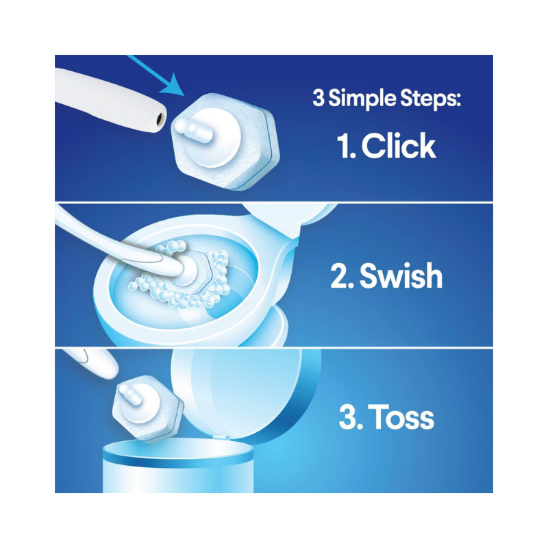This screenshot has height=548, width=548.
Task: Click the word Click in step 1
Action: (x=399, y=146)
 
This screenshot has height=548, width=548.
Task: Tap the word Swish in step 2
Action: (x=401, y=276)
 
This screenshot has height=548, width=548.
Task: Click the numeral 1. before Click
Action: (x=347, y=146)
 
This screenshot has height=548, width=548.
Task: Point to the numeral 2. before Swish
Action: (x=342, y=276)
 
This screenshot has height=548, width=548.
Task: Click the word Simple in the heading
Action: (x=362, y=99)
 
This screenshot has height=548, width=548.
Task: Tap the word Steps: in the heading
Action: (x=431, y=99)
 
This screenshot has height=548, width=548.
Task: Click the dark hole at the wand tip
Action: (x=160, y=119)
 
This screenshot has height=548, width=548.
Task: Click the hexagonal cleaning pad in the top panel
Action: (x=225, y=141)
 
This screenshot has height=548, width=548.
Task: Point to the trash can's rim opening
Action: (x=178, y=450)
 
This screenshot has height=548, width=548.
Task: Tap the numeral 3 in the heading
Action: (x=319, y=98)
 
